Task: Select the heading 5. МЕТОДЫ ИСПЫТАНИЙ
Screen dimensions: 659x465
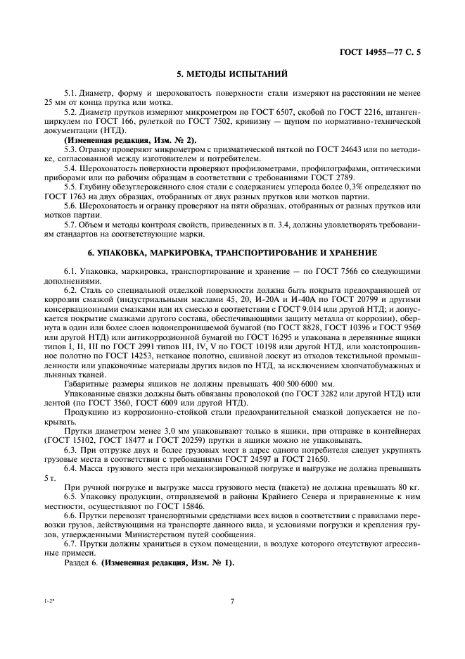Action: pos(231,73)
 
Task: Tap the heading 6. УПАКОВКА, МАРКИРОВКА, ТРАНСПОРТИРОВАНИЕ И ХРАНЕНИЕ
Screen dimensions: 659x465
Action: pos(231,251)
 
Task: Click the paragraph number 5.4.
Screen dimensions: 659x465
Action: pos(71,168)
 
